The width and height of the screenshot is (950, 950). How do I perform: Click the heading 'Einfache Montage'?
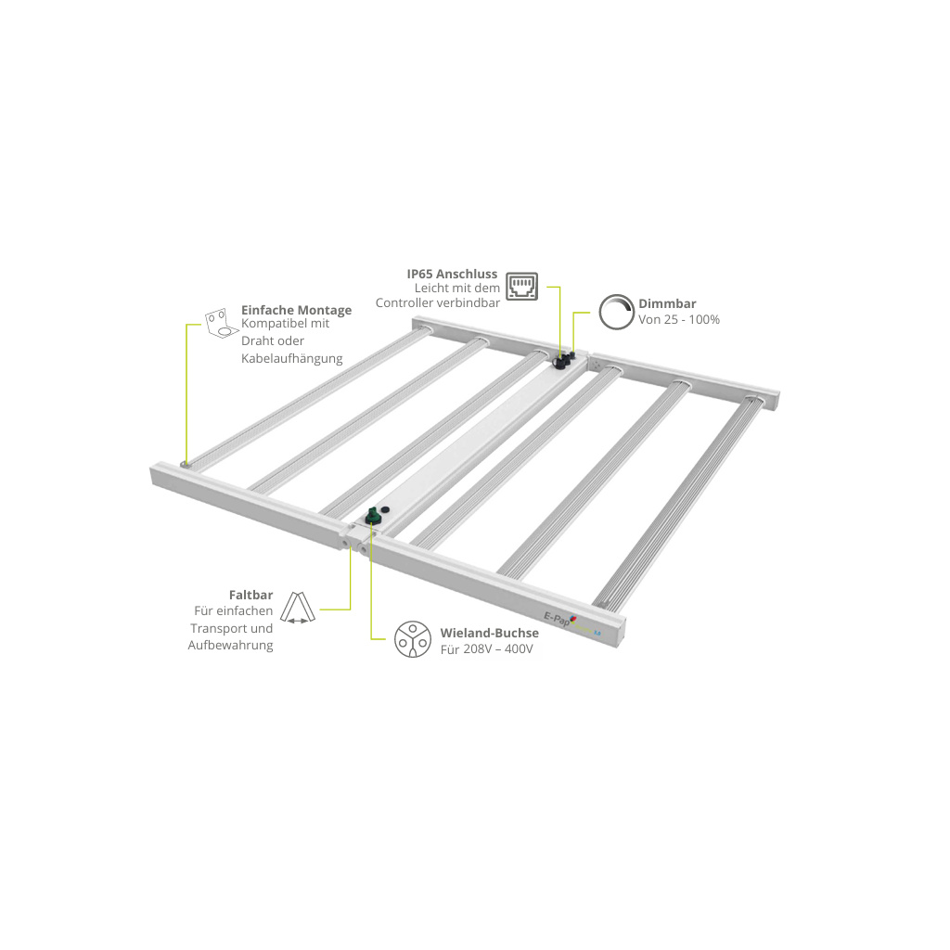[296, 310]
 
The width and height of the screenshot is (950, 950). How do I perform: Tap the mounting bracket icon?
[221, 323]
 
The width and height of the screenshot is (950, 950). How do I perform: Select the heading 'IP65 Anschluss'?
[452, 274]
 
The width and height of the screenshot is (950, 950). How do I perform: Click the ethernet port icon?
[521, 286]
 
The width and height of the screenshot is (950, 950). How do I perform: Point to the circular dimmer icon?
[616, 312]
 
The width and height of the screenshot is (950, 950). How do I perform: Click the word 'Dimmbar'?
[667, 303]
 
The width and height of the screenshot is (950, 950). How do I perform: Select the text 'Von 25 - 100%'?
[679, 319]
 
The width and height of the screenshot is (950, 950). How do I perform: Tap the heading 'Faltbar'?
[250, 595]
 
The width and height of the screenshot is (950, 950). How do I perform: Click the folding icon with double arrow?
[298, 608]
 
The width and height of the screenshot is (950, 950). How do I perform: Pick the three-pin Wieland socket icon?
[413, 639]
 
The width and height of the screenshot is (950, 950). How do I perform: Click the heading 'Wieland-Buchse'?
[490, 633]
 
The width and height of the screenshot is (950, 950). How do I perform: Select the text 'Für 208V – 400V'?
[486, 649]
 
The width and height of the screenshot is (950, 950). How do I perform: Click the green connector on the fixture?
[372, 516]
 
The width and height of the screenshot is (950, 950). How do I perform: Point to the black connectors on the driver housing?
[563, 359]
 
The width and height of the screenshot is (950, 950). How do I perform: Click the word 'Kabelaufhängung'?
[292, 359]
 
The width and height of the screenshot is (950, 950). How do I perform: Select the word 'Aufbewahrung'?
[230, 646]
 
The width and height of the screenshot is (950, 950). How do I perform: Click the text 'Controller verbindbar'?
[438, 303]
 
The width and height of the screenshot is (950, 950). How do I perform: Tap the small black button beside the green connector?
[383, 511]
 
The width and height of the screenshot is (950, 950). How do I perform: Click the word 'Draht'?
[256, 340]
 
